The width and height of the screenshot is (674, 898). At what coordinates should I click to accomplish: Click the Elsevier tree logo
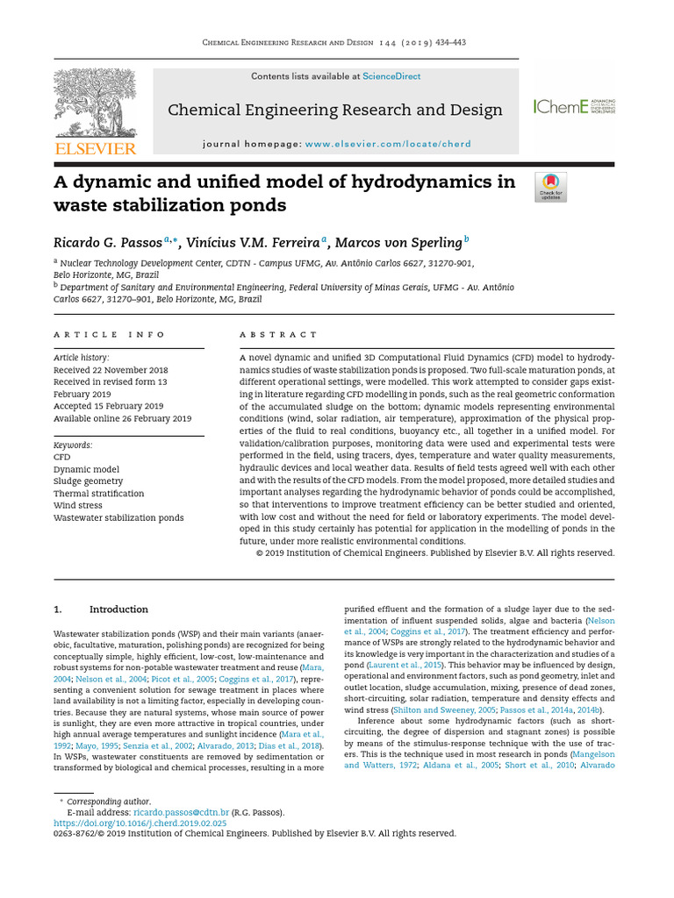pyautogui.click(x=95, y=103)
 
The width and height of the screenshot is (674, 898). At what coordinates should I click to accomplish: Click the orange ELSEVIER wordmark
pyautogui.click(x=96, y=149)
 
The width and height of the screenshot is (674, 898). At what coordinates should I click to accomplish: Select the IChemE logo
pyautogui.click(x=573, y=107)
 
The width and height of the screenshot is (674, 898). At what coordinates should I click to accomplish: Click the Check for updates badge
pyautogui.click(x=550, y=187)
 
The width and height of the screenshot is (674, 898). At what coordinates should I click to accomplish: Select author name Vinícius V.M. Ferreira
pyautogui.click(x=253, y=243)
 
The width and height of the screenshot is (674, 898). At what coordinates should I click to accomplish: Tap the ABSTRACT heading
pyautogui.click(x=279, y=335)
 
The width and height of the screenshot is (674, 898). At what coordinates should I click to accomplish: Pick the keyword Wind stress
pyautogui.click(x=76, y=506)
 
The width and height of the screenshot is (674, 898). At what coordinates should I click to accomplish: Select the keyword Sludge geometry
pyautogui.click(x=88, y=481)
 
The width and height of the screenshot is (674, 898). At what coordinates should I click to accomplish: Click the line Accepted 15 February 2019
pyautogui.click(x=108, y=406)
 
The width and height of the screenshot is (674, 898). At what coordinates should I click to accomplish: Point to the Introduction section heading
pyautogui.click(x=118, y=609)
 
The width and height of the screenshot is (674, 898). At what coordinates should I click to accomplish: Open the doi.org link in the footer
pyautogui.click(x=140, y=823)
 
